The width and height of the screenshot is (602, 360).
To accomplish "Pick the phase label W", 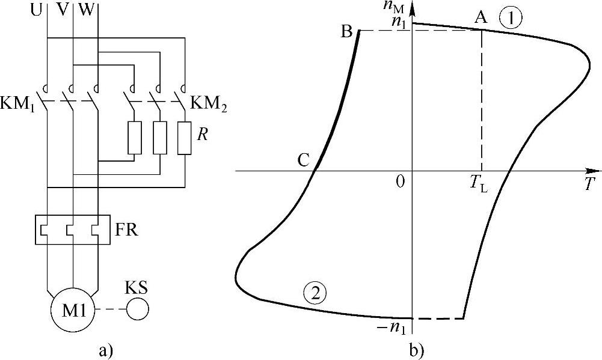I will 86,10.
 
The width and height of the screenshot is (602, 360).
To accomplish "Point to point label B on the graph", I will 346,32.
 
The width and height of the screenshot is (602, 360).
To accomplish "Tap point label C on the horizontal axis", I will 303,160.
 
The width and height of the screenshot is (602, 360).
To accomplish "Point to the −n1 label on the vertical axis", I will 395,327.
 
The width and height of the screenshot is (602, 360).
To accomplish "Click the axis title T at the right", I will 589,185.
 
